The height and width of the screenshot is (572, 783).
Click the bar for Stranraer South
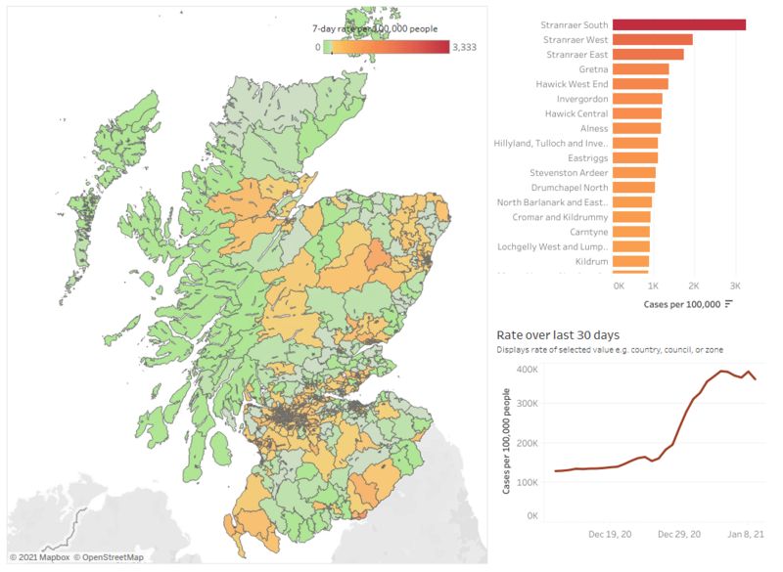tap(680, 24)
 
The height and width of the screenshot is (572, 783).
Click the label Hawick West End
tap(572, 84)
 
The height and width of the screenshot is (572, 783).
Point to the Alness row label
tap(593, 128)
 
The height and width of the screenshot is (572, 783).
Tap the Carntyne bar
tap(633, 231)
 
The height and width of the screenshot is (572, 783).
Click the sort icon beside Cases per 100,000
tap(728, 304)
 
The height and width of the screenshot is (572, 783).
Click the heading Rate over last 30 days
tap(557, 335)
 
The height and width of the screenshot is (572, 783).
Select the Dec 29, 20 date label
tap(678, 535)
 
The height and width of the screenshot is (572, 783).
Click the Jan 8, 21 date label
tap(745, 535)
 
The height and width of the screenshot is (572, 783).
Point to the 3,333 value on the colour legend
tap(464, 47)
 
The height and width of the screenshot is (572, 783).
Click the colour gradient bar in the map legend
tap(387, 47)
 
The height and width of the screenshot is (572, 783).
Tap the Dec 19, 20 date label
tap(610, 535)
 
